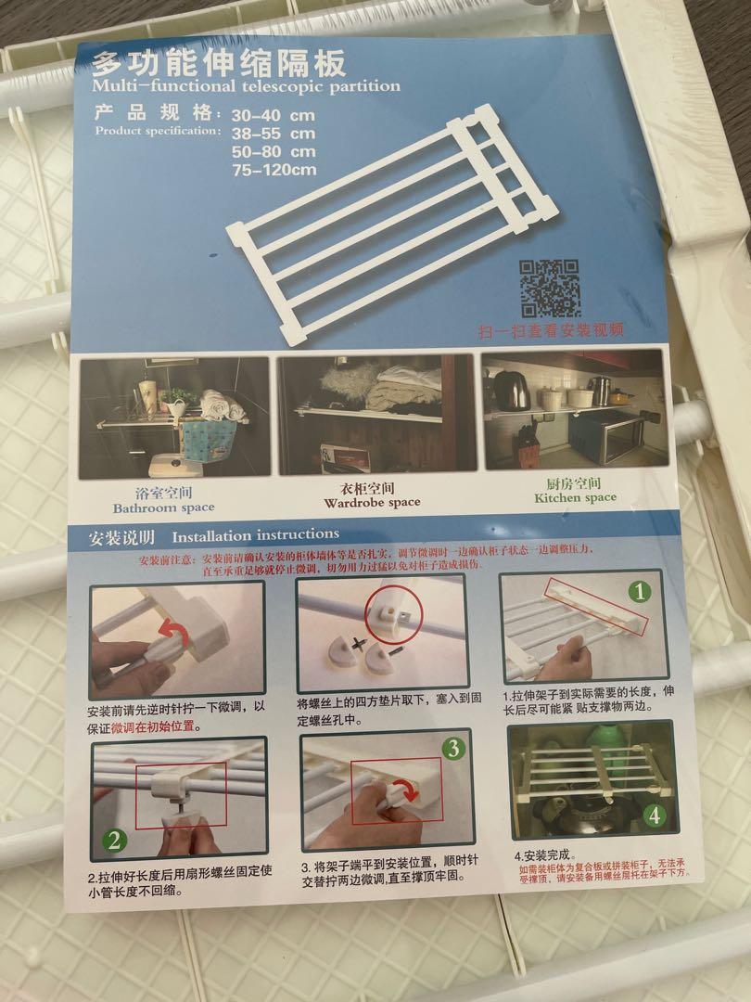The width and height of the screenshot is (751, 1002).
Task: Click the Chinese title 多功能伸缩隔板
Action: [x=219, y=64]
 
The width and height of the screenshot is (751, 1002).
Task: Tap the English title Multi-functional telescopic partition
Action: [x=246, y=86]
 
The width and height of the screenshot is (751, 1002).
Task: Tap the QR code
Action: [x=550, y=289]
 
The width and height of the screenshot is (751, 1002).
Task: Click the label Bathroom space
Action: [x=164, y=507]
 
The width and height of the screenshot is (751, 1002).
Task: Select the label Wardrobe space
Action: [x=372, y=502]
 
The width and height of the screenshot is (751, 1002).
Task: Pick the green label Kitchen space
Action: [x=575, y=497]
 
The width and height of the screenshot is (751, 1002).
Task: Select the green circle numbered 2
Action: [x=114, y=841]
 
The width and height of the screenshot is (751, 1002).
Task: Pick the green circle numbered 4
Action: [x=655, y=816]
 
